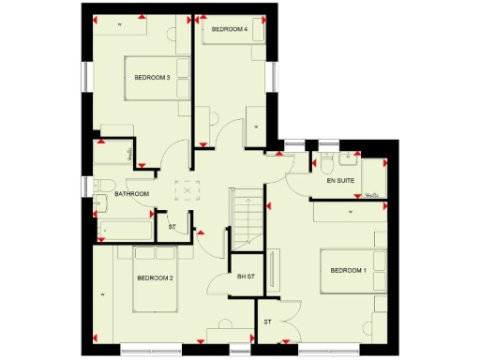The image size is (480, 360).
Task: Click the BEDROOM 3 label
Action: [x=152, y=77]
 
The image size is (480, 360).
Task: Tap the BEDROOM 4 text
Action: [x=230, y=29]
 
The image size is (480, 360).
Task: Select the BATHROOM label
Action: [x=132, y=194]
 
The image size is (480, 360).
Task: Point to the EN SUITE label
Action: [x=339, y=178]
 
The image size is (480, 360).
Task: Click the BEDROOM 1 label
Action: [x=349, y=271]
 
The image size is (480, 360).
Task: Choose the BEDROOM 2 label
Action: [x=156, y=277]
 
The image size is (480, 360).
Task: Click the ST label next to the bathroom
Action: [x=172, y=227]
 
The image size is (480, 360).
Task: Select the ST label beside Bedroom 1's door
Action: [x=267, y=322]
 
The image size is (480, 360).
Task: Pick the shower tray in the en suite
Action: [x=373, y=178]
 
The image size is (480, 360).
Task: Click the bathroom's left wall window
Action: [x=87, y=187]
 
